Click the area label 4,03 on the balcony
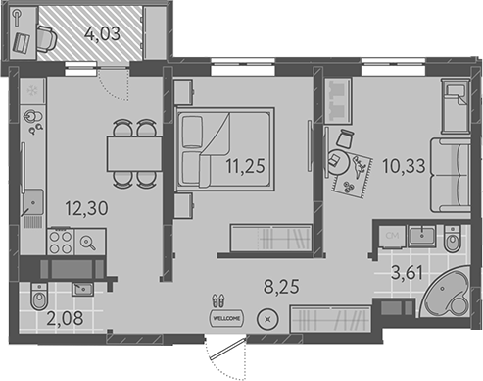pyautogui.click(x=102, y=34)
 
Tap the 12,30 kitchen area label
pyautogui.click(x=86, y=208)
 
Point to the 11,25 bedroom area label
pyautogui.click(x=245, y=166)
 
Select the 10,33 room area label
pyautogui.click(x=404, y=166)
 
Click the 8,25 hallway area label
pyautogui.click(x=281, y=286)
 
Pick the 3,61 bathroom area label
pyautogui.click(x=407, y=273)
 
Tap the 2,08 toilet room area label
pyautogui.click(x=65, y=318)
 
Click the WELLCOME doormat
pyautogui.click(x=226, y=318)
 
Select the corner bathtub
pyautogui.click(x=444, y=293)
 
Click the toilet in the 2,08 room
pyautogui.click(x=39, y=296)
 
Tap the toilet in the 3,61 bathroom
pyautogui.click(x=453, y=239)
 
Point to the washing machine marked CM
pyautogui.click(x=392, y=236)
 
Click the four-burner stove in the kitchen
pyautogui.click(x=61, y=242)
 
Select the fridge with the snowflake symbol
pyautogui.click(x=32, y=90)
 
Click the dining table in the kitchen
pyautogui.click(x=134, y=154)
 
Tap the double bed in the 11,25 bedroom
pyautogui.click(x=224, y=149)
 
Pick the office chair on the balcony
pyautogui.click(x=46, y=38)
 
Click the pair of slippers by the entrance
pyautogui.click(x=218, y=300)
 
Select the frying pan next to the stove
pyautogui.click(x=89, y=243)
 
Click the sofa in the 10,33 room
pyautogui.click(x=450, y=175)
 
